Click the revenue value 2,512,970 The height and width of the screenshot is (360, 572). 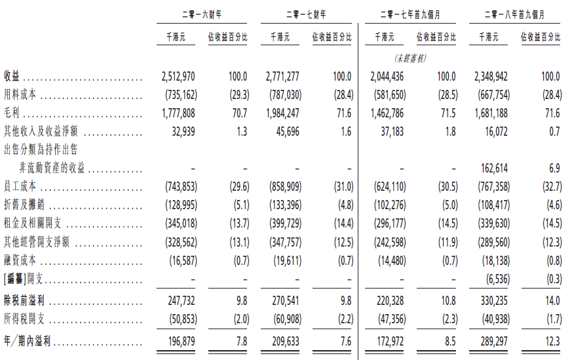point(178,77)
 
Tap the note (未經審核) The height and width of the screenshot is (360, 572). point(410,58)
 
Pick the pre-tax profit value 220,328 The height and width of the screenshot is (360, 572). point(387,301)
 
